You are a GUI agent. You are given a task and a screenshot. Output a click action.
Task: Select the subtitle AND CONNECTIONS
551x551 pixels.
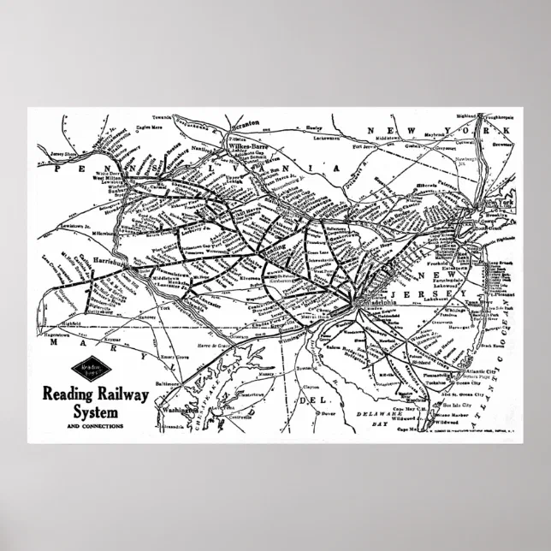click(95, 425)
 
